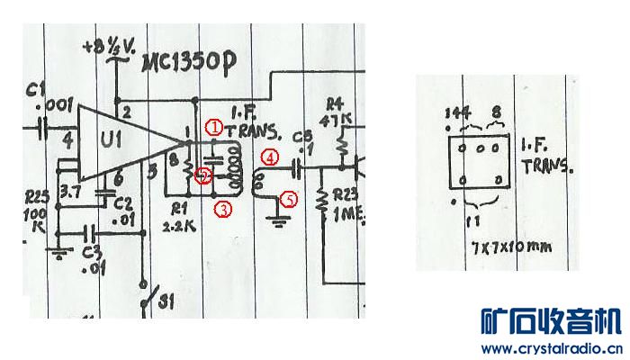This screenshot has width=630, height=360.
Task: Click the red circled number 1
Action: click(x=213, y=127)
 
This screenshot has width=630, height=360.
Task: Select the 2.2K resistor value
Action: click(x=179, y=227)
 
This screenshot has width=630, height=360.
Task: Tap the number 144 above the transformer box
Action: click(x=459, y=112)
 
